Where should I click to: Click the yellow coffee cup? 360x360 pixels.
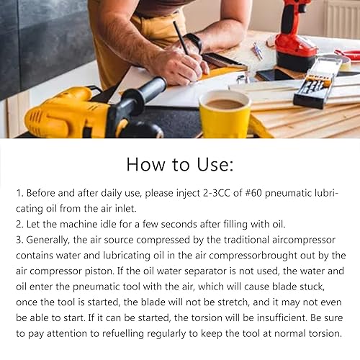[x=224, y=113]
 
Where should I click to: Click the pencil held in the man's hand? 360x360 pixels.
[x=181, y=40]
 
